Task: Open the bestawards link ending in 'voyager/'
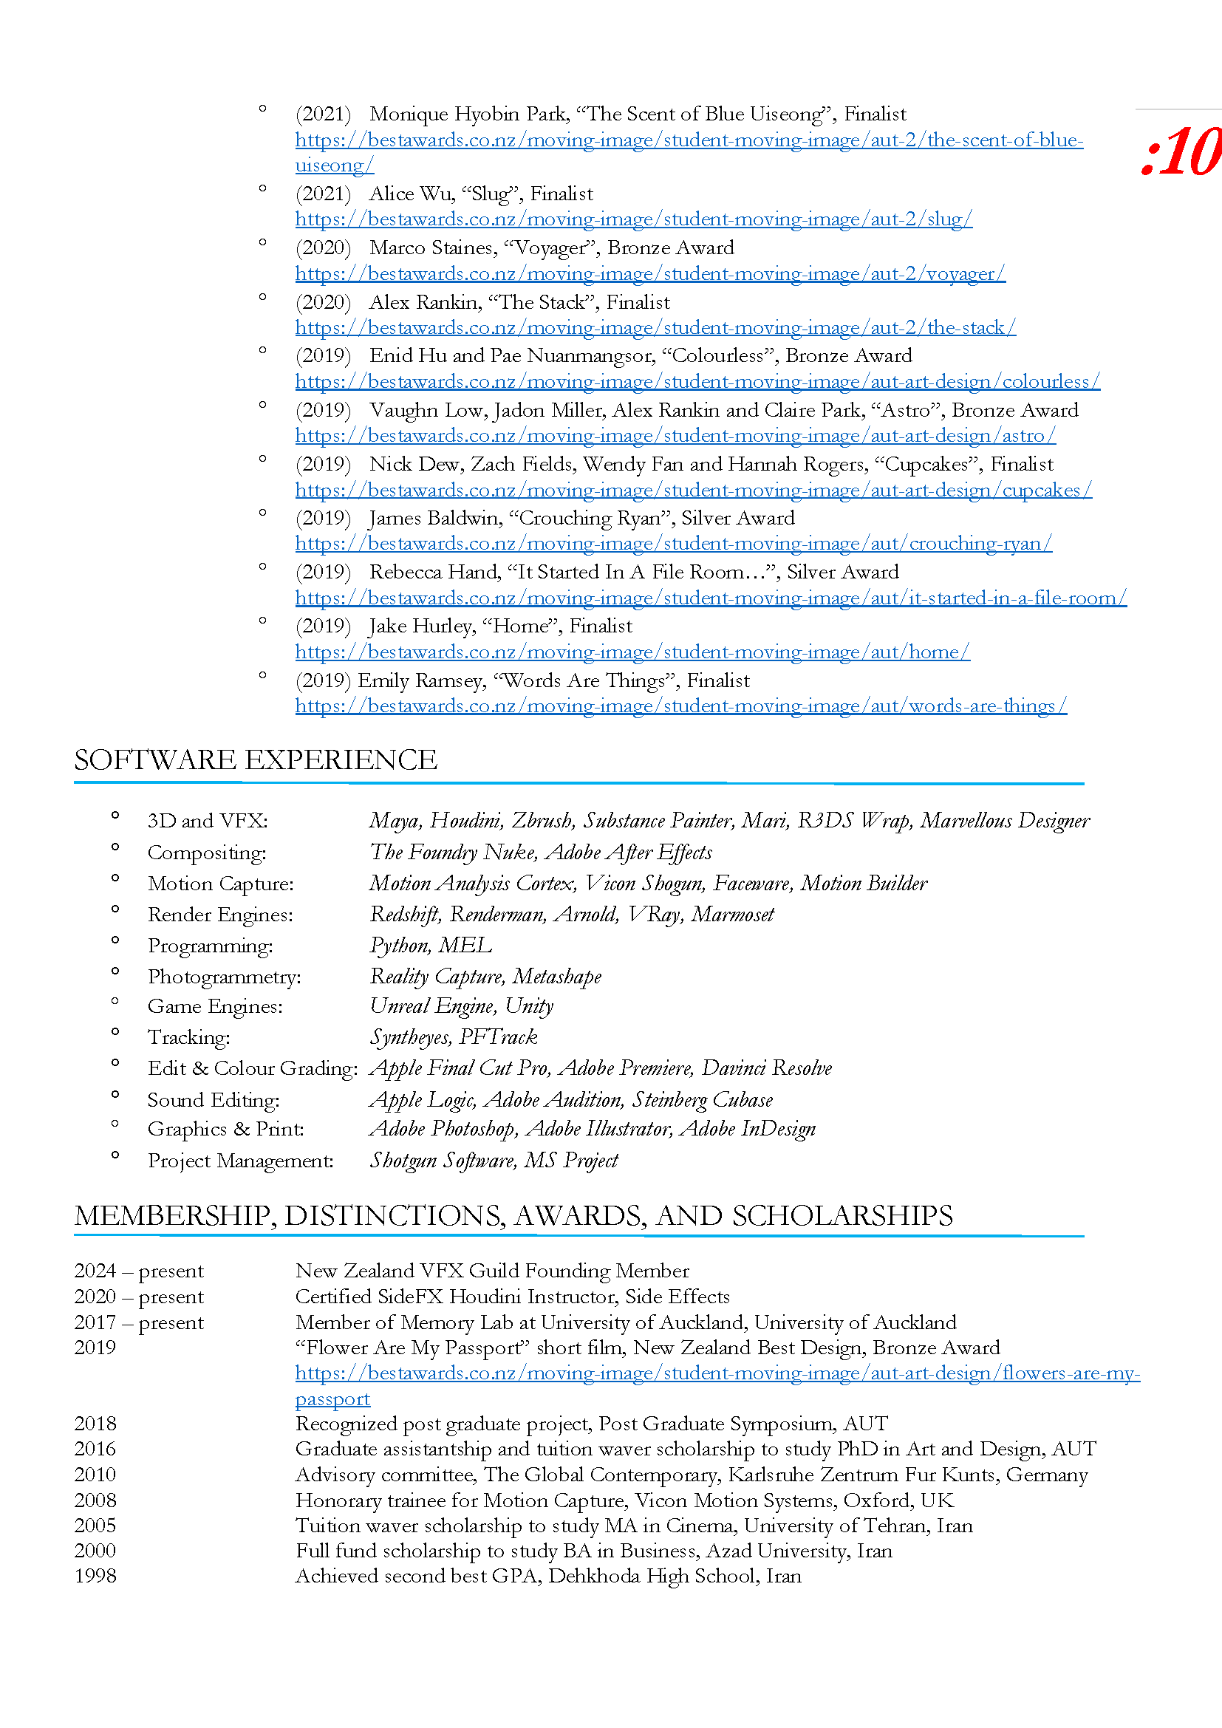coord(649,274)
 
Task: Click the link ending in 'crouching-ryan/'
coord(673,544)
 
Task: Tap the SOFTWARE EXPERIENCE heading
coord(255,760)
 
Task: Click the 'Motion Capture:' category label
coord(220,884)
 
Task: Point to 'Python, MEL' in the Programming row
coord(431,946)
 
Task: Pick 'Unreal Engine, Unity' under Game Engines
coord(461,1006)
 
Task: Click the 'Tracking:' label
coord(189,1038)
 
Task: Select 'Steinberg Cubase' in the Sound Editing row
coord(702,1100)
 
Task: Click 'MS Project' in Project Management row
coord(571,1161)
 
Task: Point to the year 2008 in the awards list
coord(95,1500)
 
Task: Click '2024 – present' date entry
coord(138,1271)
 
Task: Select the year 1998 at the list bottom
coord(95,1576)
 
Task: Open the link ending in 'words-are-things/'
coord(680,706)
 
